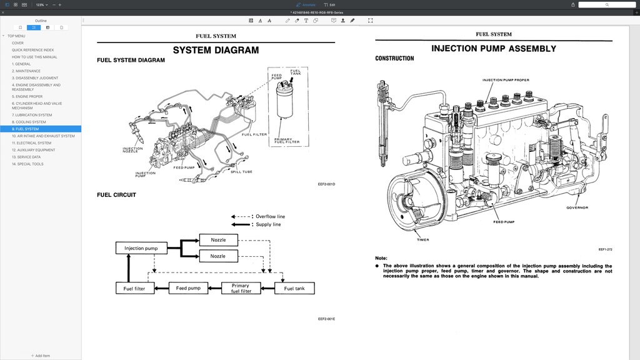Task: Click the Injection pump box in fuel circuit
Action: point(141,248)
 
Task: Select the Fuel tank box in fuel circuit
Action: point(294,288)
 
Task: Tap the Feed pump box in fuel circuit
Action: point(188,288)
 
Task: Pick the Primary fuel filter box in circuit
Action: point(241,288)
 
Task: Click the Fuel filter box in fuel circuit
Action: point(134,288)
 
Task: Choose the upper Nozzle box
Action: point(218,240)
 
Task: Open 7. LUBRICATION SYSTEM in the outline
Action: point(32,115)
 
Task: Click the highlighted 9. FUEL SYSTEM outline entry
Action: point(25,129)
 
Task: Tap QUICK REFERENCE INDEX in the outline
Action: point(32,50)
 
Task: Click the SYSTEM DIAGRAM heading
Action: point(216,50)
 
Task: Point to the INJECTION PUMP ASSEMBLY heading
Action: point(493,49)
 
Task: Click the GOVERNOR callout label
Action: point(577,207)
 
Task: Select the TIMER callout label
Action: point(423,239)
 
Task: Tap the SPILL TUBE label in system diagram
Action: point(241,172)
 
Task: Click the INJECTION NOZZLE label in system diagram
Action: point(132,150)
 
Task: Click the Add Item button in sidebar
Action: point(41,356)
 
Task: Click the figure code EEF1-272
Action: point(605,249)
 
